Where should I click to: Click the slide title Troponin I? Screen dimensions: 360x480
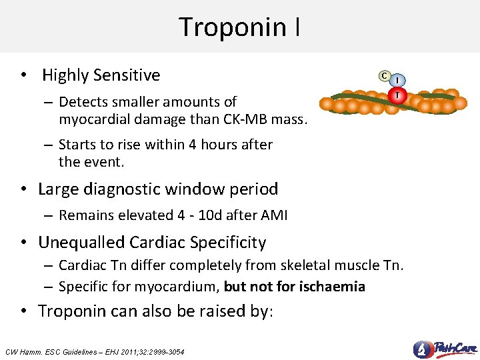tap(239, 27)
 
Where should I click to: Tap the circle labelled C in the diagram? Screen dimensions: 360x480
tap(384, 75)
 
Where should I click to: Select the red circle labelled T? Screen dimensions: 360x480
tap(398, 95)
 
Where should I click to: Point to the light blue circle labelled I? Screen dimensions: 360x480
tap(399, 81)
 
